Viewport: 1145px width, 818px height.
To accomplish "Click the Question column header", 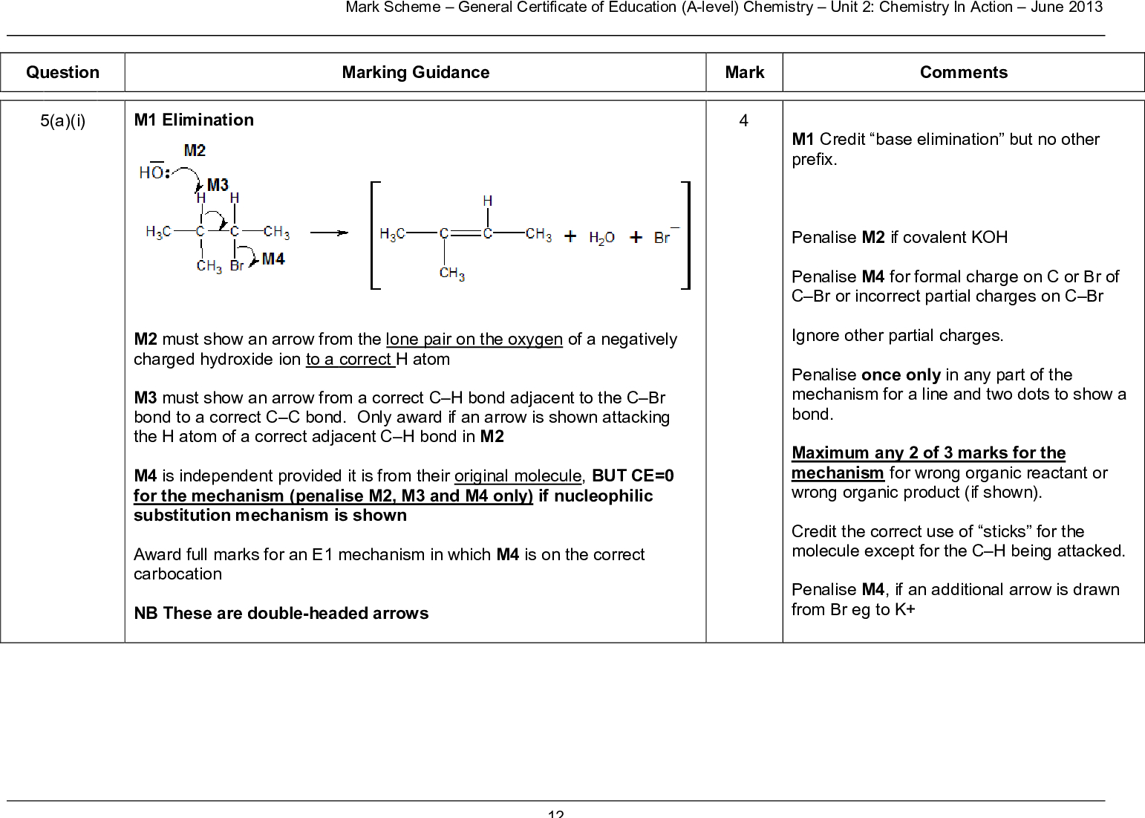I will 62,72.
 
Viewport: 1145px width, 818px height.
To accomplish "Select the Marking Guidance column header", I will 415,72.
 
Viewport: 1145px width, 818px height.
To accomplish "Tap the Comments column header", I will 963,72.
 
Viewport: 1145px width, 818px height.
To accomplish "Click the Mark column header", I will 744,72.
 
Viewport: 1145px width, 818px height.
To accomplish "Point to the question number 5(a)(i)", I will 62,120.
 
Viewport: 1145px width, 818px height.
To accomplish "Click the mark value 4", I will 743,120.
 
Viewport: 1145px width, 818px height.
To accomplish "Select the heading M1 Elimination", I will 194,120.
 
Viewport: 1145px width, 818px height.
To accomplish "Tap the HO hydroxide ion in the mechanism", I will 152,172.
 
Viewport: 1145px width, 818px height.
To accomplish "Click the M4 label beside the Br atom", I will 273,259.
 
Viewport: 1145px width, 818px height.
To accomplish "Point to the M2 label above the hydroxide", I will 195,150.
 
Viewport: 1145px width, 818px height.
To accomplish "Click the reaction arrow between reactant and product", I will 329,233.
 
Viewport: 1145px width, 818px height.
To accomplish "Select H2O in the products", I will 601,238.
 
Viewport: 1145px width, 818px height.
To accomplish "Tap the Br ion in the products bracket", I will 663,237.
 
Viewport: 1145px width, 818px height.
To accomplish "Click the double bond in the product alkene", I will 466,233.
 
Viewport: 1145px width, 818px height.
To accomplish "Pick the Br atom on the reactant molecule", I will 237,265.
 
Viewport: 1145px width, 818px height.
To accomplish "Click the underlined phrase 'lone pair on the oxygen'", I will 474,339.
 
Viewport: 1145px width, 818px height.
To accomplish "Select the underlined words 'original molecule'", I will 518,475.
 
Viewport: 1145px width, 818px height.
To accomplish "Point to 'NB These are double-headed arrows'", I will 281,613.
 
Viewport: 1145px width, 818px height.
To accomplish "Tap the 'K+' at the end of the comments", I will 905,609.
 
